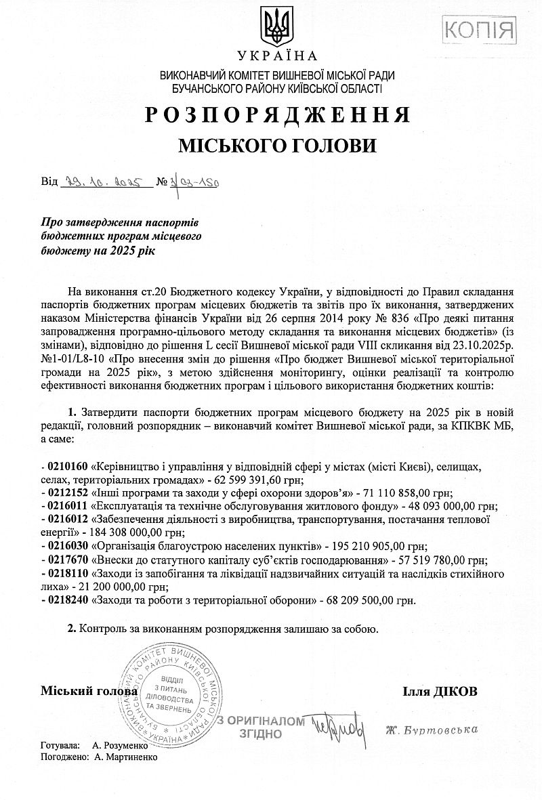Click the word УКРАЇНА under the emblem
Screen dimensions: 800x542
(x=276, y=56)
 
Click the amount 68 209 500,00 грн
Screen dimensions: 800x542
(x=367, y=599)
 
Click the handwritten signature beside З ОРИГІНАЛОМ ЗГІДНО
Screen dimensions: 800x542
(x=337, y=728)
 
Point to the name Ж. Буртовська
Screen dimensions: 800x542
(x=432, y=730)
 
